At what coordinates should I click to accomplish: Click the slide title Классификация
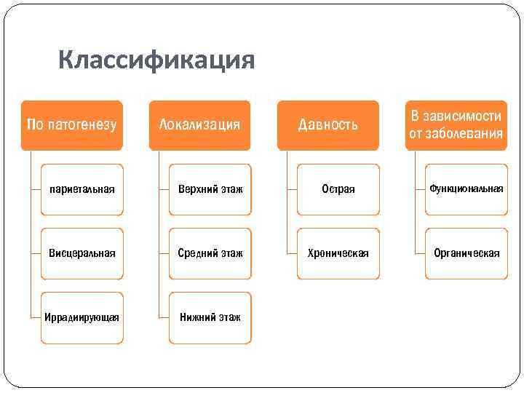coord(156,60)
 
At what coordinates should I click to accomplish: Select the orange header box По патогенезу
coord(71,124)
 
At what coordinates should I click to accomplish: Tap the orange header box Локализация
coord(199,124)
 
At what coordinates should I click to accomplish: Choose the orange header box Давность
coord(328,124)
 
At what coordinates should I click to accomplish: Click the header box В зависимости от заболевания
coord(456,124)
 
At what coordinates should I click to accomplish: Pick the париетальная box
coord(82,189)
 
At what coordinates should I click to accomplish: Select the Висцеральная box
coord(82,253)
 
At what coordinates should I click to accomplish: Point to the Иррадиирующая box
coord(82,317)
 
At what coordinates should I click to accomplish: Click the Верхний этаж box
coord(210,189)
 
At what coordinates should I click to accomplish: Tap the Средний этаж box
coord(210,253)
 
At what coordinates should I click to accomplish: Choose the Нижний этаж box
coord(210,317)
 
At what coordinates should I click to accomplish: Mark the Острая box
coord(338,189)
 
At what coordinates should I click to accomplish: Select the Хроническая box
coord(338,253)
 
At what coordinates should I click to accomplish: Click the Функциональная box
coord(467,189)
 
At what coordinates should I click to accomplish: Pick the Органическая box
coord(467,253)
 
